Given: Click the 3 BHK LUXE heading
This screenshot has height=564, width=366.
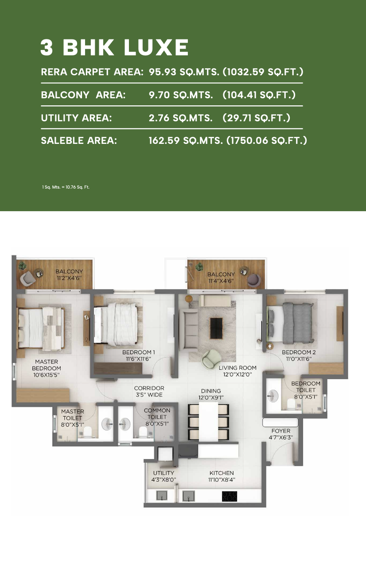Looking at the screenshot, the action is click(114, 47).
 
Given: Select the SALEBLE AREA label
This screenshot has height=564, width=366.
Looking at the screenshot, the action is click(79, 140).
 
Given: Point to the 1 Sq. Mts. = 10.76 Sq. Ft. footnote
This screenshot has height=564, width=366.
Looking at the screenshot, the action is click(66, 187).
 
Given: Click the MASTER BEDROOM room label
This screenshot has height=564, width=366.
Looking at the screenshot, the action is click(47, 365).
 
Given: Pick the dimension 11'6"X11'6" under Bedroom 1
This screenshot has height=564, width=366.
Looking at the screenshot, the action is click(138, 359).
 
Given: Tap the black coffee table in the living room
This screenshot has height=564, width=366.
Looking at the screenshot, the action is click(217, 328).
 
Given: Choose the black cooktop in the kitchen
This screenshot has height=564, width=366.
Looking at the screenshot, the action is click(230, 496).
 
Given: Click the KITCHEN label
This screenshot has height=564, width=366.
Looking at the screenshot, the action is click(222, 473).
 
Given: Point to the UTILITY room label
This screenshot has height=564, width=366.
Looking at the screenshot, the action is click(164, 473).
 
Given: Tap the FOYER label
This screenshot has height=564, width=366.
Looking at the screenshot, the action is click(281, 431).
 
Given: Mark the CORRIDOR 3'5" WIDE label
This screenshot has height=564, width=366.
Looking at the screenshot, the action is click(149, 391).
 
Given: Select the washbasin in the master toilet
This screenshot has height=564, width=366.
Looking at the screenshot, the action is click(108, 424).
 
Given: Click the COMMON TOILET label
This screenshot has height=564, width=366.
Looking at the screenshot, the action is click(157, 413).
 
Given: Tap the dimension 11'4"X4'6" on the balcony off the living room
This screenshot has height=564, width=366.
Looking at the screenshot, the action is click(221, 281).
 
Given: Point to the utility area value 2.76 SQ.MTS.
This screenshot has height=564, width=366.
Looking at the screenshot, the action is click(180, 118).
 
